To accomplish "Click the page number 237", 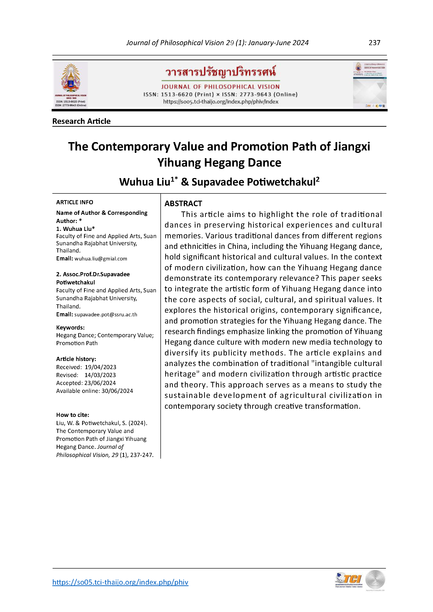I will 374,43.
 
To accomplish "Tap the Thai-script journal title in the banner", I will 221,72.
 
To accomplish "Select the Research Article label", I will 81,121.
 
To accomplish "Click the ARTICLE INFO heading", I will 74,202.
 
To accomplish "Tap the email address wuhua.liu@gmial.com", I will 101,258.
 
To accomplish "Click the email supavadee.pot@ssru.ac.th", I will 106,315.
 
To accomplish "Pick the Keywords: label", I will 70,327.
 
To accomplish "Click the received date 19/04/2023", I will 100,367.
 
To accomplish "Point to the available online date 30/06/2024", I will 117,391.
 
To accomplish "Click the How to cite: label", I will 73,415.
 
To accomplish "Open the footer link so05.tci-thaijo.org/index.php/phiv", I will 120,582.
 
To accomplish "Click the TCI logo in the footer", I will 349,580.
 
